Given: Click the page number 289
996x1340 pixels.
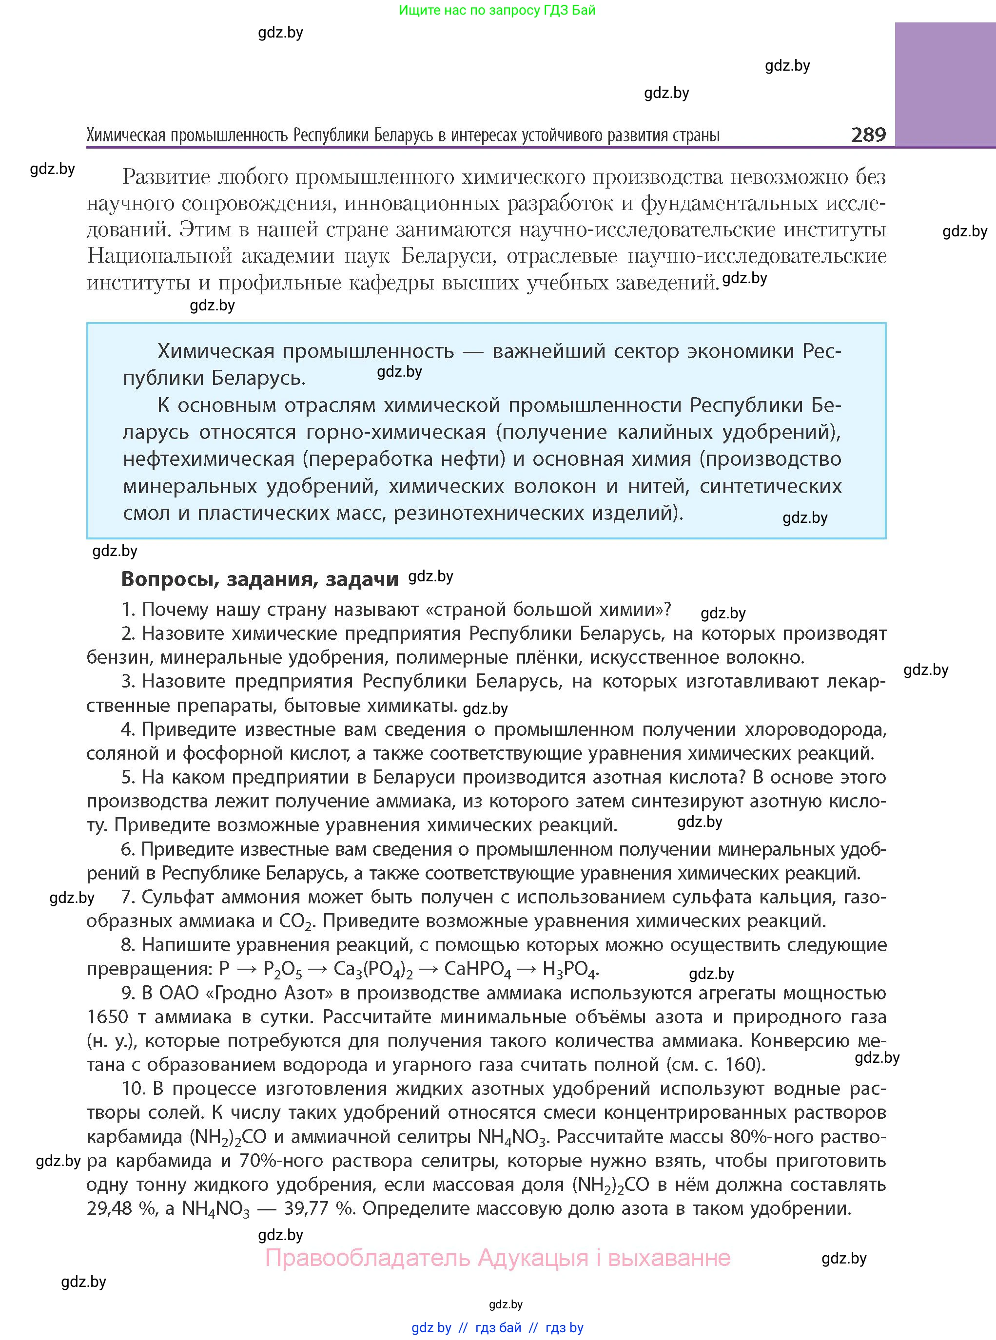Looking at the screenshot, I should point(868,134).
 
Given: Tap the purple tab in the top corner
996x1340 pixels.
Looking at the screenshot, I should point(945,84).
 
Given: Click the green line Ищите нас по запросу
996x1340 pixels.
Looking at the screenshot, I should point(497,10).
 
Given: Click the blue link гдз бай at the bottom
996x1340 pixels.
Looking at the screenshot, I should point(498,1327).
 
